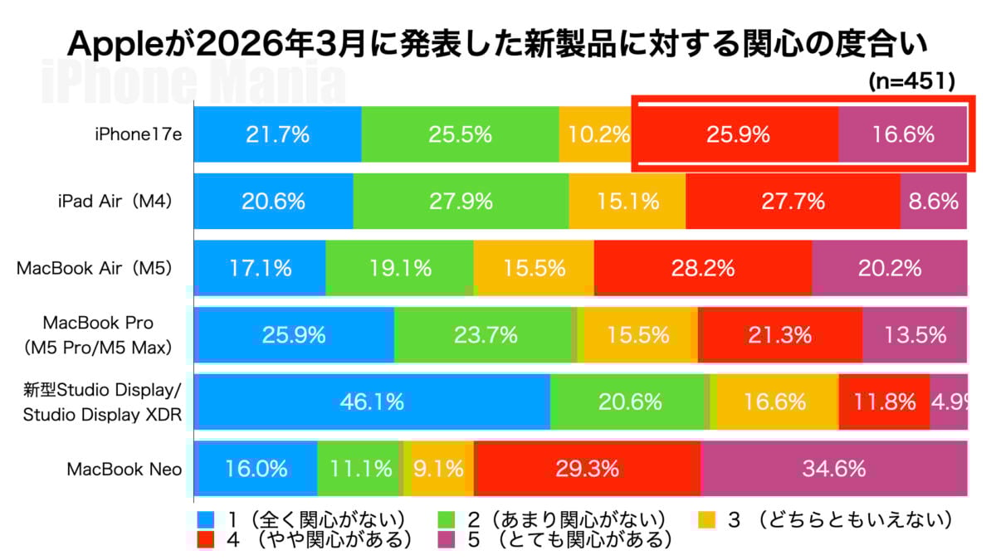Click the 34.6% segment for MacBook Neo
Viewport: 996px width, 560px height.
pyautogui.click(x=833, y=468)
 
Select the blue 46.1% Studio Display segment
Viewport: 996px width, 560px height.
pyautogui.click(x=372, y=402)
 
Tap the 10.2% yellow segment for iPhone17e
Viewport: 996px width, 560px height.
pyautogui.click(x=595, y=134)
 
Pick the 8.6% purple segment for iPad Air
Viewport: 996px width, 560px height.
pyautogui.click(x=934, y=201)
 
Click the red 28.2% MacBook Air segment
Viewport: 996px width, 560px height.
pyautogui.click(x=702, y=268)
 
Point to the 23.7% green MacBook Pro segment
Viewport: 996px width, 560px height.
pyautogui.click(x=486, y=334)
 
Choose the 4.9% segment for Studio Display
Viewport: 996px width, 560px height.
pyautogui.click(x=949, y=402)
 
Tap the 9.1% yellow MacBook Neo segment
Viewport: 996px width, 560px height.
pyautogui.click(x=440, y=468)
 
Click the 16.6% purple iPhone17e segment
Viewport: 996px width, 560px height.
pyautogui.click(x=903, y=134)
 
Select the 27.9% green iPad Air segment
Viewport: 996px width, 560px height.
pyautogui.click(x=461, y=201)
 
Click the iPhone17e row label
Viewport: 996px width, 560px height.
pyautogui.click(x=138, y=134)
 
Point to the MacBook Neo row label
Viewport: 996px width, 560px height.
pyautogui.click(x=124, y=469)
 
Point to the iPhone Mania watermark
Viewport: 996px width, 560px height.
pyautogui.click(x=193, y=80)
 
